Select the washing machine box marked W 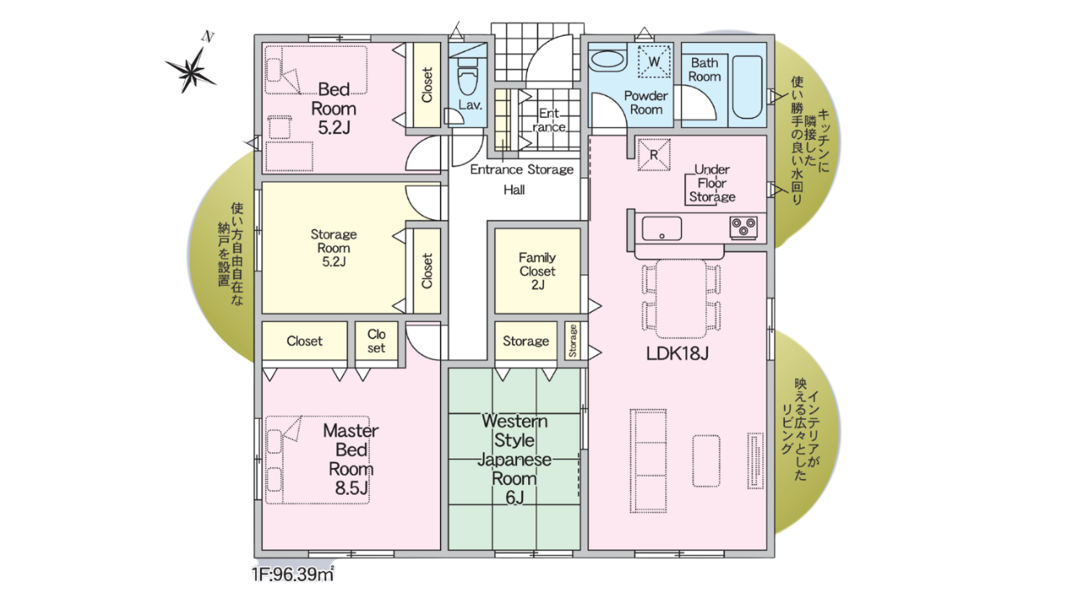point(654,61)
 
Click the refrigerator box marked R point(653,155)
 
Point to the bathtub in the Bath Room point(747,88)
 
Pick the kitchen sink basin point(662,228)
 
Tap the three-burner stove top point(744,227)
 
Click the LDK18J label point(677,354)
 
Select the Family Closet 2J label point(537,271)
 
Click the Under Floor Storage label point(712,183)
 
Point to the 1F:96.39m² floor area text point(293,574)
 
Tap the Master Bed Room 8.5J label point(351,459)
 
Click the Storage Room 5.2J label point(333,247)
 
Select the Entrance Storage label point(521,170)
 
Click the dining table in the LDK point(681,298)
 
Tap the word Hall point(514,190)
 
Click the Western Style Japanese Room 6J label point(515,459)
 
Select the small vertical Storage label point(573,340)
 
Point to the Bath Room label point(705,69)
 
